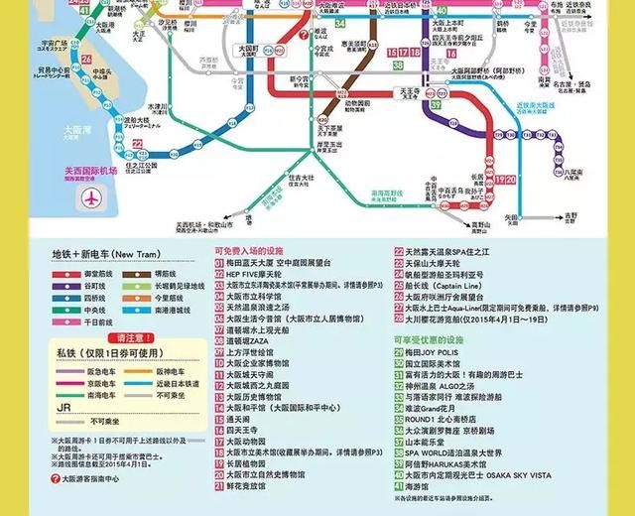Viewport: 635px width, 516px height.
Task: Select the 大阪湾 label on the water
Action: click(71, 129)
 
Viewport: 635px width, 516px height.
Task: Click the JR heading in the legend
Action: click(61, 407)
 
